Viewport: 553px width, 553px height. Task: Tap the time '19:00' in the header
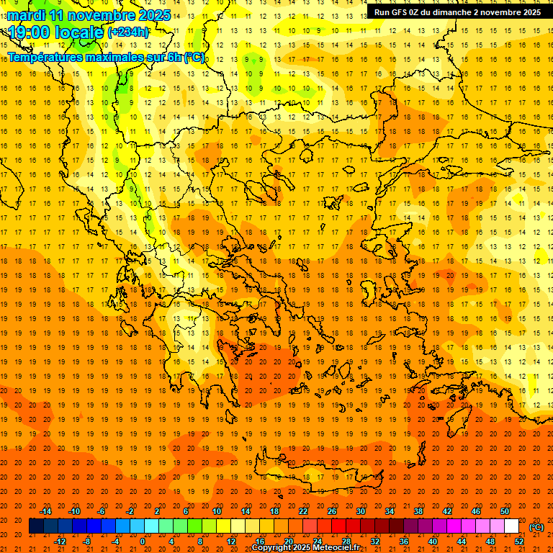(x=30, y=32)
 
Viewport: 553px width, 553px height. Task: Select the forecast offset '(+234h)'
(x=128, y=32)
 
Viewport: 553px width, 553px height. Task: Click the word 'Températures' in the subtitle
(x=45, y=57)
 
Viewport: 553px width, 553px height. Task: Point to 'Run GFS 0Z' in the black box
(x=397, y=12)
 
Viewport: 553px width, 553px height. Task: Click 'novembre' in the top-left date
(x=103, y=15)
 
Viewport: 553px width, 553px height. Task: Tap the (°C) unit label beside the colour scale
(x=536, y=527)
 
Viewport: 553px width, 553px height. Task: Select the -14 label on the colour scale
(x=46, y=511)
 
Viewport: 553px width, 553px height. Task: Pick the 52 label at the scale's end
(x=518, y=541)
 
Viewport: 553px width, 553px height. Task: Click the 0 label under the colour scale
(x=143, y=541)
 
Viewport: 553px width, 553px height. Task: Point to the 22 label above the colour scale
(x=303, y=511)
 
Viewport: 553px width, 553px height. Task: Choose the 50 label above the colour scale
(x=505, y=511)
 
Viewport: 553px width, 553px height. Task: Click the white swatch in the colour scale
(x=512, y=526)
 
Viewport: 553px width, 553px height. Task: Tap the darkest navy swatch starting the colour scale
(x=36, y=526)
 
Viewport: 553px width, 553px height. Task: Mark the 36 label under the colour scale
(x=403, y=541)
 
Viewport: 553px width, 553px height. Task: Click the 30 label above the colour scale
(x=361, y=511)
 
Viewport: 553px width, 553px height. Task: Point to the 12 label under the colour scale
(x=231, y=541)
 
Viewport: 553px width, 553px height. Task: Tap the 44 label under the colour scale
(x=461, y=541)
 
